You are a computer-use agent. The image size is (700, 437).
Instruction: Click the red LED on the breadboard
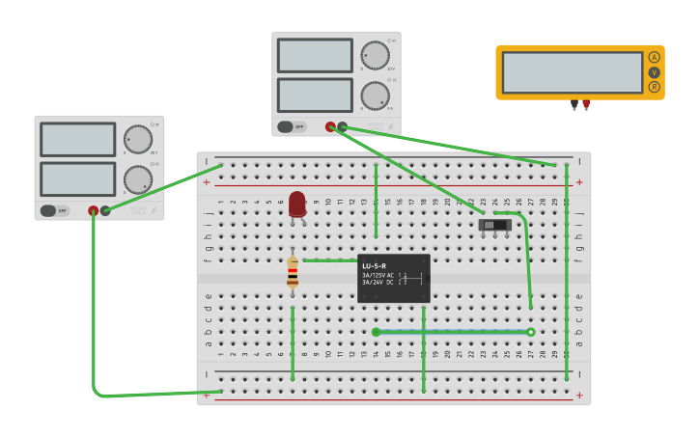[296, 204]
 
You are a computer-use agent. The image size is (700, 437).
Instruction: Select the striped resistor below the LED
[293, 273]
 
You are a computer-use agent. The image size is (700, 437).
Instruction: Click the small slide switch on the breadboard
[494, 225]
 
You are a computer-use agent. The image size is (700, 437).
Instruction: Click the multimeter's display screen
[572, 72]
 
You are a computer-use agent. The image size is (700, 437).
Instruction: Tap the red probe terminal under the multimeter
[586, 103]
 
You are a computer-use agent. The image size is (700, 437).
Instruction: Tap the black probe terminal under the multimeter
[574, 103]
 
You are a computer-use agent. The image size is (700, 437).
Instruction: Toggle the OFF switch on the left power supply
[55, 210]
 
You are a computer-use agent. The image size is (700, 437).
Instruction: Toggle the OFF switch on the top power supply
[292, 126]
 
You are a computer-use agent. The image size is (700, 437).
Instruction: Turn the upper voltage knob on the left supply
[137, 139]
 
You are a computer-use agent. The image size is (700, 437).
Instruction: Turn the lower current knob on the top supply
[375, 96]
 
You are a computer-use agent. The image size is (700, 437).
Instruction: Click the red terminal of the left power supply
[94, 210]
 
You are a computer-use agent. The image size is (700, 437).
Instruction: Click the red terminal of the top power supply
[330, 126]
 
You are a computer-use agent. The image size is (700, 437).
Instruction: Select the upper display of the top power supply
[315, 56]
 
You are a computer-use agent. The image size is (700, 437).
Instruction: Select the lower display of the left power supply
[77, 178]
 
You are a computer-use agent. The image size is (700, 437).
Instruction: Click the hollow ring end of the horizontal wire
[531, 332]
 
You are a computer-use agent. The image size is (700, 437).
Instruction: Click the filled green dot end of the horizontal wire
[376, 332]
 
